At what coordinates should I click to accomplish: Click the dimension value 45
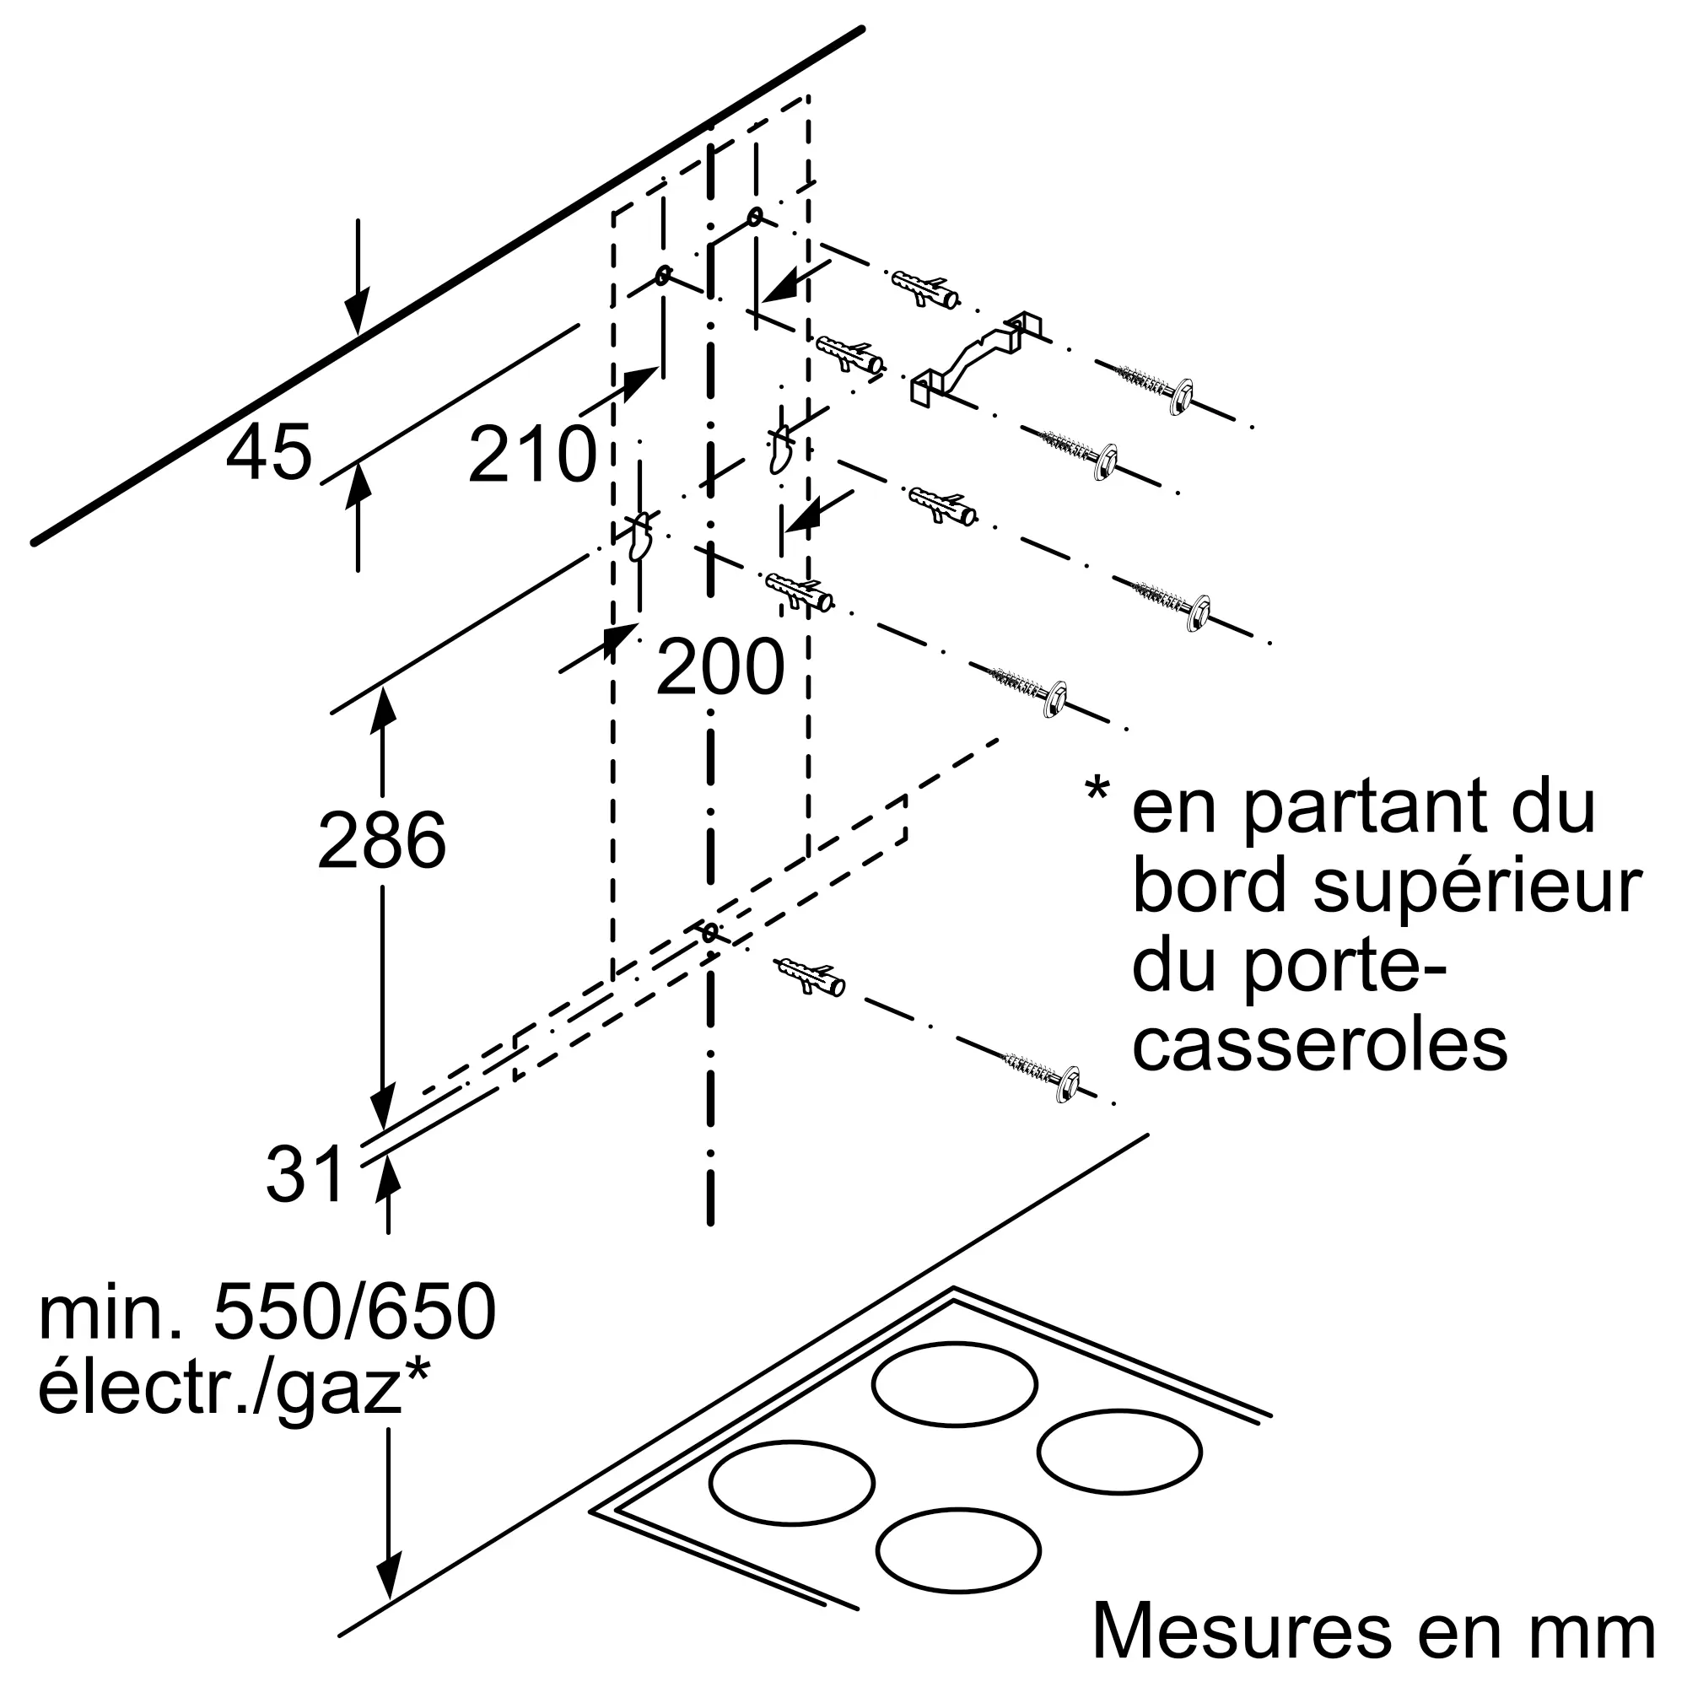tap(268, 452)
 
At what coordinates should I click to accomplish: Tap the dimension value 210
tap(531, 454)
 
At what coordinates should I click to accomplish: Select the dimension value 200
tap(720, 667)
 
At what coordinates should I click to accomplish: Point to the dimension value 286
tap(381, 840)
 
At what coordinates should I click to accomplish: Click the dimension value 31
tap(305, 1174)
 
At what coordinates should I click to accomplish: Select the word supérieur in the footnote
tap(1479, 889)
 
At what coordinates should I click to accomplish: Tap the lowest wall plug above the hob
tap(809, 977)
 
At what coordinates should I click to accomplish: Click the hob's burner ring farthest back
tap(954, 1385)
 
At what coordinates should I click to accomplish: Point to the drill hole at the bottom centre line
tap(710, 933)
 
